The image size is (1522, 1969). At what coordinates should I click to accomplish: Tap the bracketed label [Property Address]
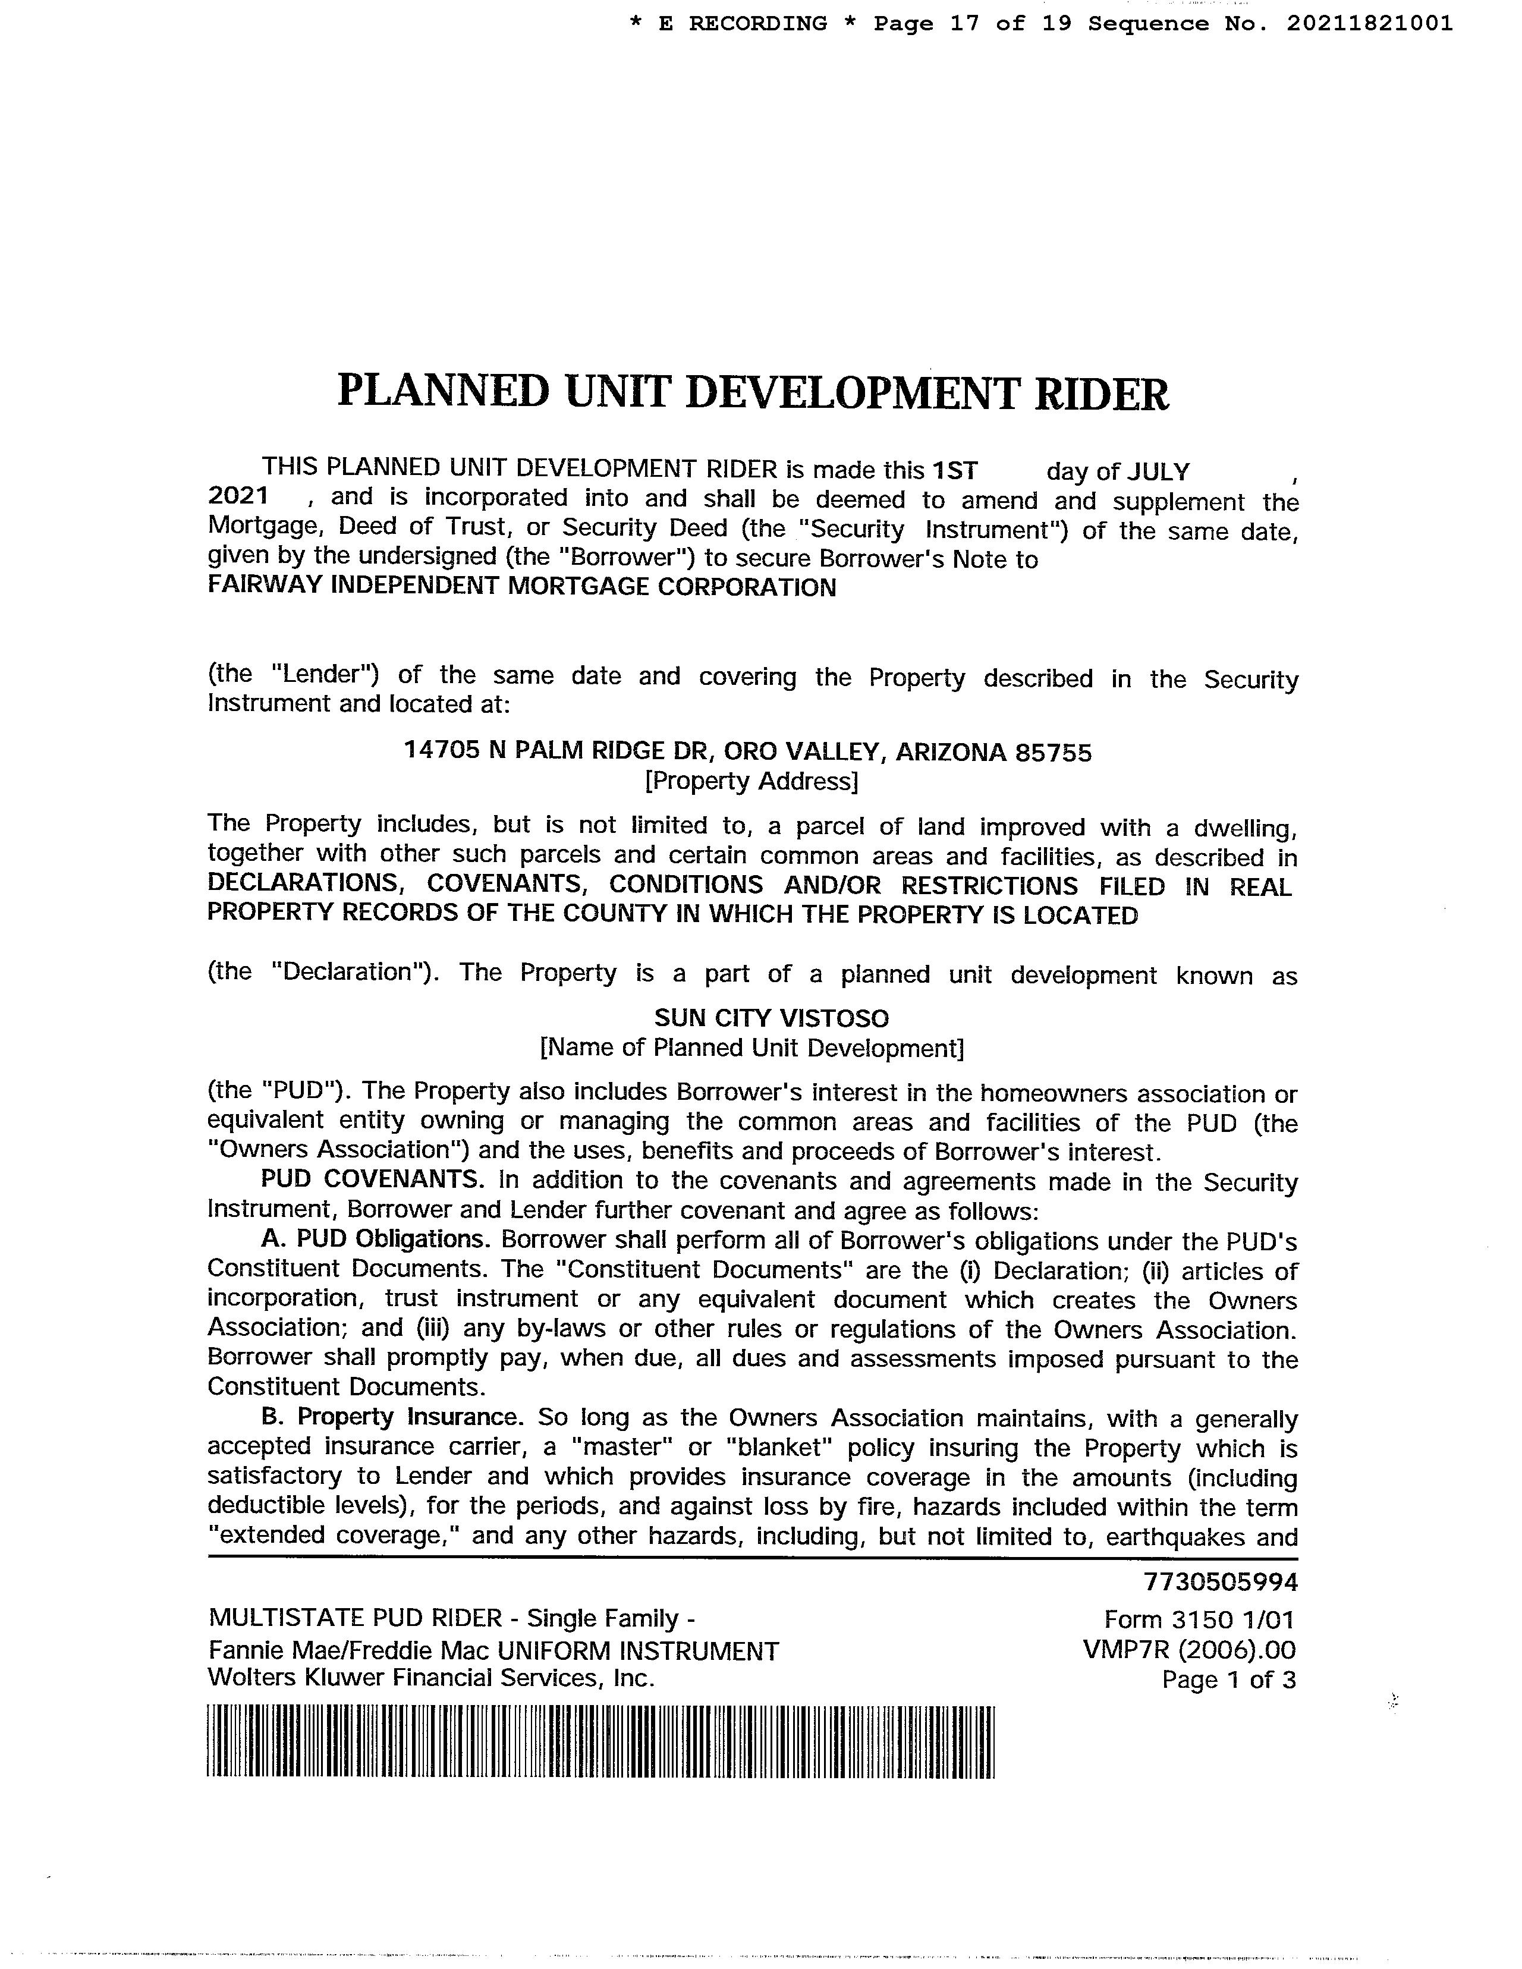coord(751,781)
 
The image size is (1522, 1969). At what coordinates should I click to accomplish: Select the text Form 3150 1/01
coord(1199,1620)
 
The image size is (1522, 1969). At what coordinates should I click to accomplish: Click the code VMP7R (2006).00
coord(1189,1650)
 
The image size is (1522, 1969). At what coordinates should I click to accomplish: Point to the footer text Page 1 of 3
coord(1228,1679)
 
